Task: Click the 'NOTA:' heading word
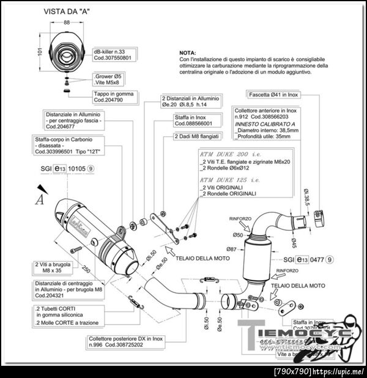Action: coord(188,53)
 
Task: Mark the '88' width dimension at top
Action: coord(66,23)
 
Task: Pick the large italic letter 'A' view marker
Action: coord(40,198)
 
